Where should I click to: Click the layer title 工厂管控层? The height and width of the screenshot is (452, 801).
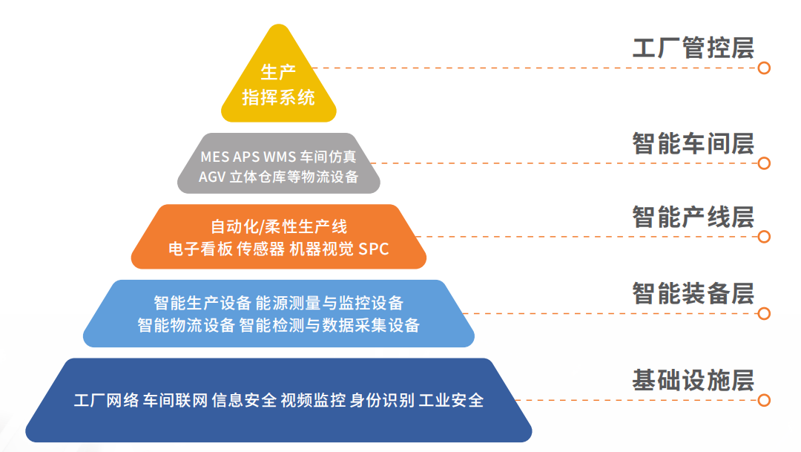(x=693, y=48)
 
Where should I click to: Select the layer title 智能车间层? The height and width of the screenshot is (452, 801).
(x=693, y=143)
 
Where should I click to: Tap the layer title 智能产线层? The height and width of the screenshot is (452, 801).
(x=693, y=217)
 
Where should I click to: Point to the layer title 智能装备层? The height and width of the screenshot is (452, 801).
(x=693, y=293)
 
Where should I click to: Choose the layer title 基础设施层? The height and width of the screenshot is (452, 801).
(x=693, y=380)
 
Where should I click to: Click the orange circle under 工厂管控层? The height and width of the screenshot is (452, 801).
(x=764, y=68)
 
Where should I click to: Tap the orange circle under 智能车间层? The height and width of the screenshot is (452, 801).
(x=764, y=163)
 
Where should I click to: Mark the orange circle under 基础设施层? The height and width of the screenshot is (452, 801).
(x=764, y=400)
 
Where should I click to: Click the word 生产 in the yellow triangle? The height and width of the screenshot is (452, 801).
(x=278, y=73)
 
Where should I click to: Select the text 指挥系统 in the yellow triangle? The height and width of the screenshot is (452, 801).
(x=278, y=97)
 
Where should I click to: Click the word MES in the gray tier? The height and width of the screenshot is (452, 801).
(x=215, y=157)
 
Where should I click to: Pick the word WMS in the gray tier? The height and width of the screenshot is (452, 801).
(x=279, y=157)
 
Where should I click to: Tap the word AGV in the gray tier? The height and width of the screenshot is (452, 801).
(x=213, y=177)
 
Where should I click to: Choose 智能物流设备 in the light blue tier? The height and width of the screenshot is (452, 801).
(x=186, y=325)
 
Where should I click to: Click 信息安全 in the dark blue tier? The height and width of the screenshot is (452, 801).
(x=244, y=401)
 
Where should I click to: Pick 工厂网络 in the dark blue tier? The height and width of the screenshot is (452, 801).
(x=106, y=401)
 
